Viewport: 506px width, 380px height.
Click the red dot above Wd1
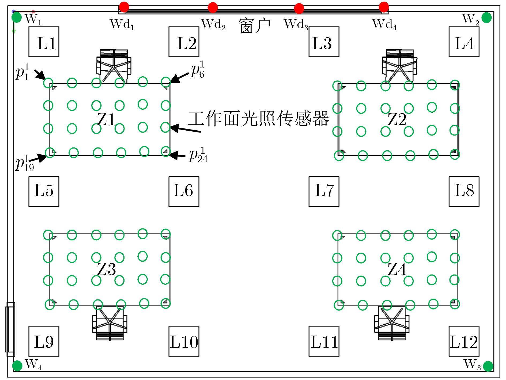pos(124,7)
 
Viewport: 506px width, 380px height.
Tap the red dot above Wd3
pos(299,8)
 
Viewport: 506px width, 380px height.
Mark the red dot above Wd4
pos(384,7)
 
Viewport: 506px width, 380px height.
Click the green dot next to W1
pos(17,17)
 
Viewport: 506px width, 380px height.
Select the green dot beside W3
pos(488,366)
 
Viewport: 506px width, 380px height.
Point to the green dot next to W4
pos(17,366)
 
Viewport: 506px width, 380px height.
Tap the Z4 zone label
pos(397,269)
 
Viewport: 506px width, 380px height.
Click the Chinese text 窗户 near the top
pos(255,26)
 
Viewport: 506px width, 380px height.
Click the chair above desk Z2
pos(400,66)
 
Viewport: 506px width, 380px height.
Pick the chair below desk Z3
pos(110,323)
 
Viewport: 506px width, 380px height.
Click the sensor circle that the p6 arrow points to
pos(166,82)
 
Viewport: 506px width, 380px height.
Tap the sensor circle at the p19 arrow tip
pos(50,153)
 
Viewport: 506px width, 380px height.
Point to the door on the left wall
pos(10,329)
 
